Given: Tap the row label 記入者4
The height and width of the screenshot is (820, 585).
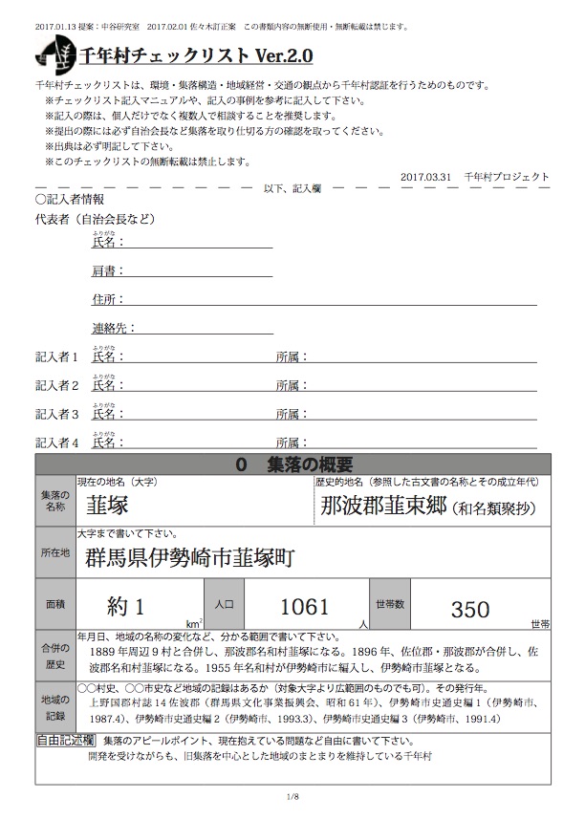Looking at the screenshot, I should coord(56,442).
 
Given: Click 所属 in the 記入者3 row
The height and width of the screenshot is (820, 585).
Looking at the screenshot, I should coord(290,414).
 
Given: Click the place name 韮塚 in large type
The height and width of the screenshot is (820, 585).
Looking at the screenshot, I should coord(107,505).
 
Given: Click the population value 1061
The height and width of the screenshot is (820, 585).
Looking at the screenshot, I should coord(303,605).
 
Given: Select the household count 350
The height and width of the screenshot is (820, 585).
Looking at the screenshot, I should coord(469,608).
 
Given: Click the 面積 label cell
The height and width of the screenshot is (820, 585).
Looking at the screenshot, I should coord(54,605).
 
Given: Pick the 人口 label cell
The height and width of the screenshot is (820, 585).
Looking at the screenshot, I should coord(226,605).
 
